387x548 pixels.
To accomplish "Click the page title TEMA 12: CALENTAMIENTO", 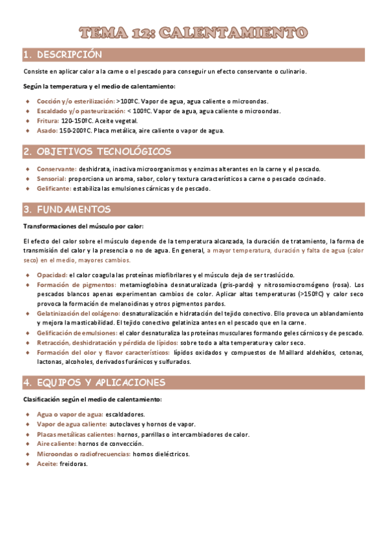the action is pos(193,32).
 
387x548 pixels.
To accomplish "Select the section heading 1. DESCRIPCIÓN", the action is pos(62,54).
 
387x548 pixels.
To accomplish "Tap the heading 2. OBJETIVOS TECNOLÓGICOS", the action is pos(97,152).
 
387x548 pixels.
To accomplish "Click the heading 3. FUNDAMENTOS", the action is pos(67,209).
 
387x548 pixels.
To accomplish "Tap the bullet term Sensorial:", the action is pos(52,178).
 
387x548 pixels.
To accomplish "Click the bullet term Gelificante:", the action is pos(54,189).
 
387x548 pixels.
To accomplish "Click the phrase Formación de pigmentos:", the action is pos(76,284).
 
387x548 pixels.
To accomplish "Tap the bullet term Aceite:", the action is pos(47,464).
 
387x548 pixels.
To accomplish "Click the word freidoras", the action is pos(74,464).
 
